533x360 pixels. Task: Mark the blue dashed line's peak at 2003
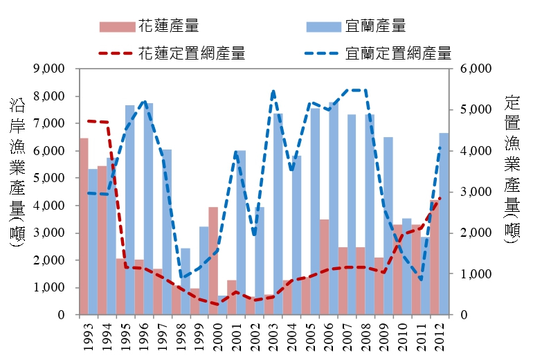click(x=273, y=91)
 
